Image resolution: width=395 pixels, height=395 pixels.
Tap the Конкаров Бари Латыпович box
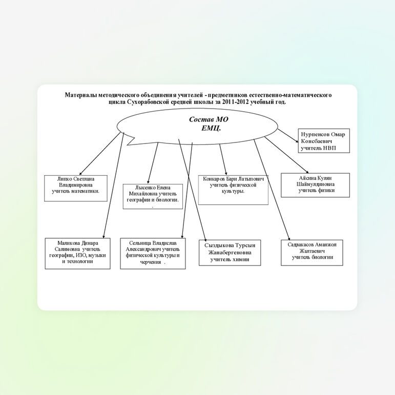click(233, 190)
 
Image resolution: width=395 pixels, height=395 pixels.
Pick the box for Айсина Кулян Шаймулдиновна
click(315, 184)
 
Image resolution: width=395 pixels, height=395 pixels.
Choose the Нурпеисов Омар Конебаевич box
click(323, 140)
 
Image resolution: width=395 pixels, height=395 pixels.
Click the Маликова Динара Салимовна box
click(77, 253)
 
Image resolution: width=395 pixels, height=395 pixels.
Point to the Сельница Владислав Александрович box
click(153, 253)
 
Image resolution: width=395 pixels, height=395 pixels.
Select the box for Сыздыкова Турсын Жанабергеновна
click(230, 253)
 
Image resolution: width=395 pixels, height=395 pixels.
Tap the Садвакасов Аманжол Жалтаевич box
click(312, 252)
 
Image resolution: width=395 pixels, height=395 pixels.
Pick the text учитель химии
click(230, 260)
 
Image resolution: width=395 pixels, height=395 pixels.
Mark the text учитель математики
click(76, 192)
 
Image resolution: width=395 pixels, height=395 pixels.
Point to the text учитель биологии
click(313, 257)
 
